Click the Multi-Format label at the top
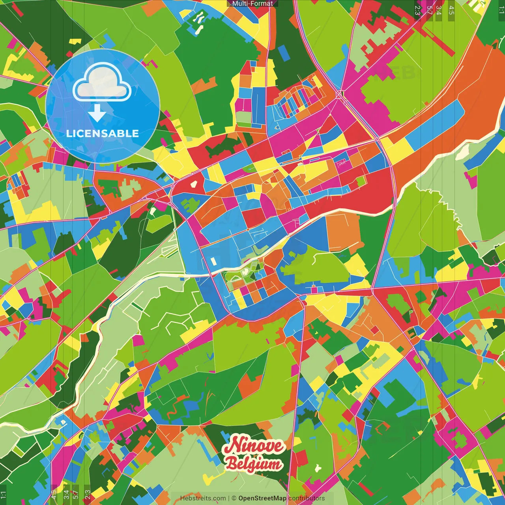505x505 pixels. tap(252, 4)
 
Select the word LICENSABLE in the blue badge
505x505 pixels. tap(103, 133)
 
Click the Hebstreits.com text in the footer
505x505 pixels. tap(203, 498)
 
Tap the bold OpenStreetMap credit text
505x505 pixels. tap(262, 498)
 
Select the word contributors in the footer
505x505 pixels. tap(307, 498)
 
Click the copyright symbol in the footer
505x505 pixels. tap(234, 498)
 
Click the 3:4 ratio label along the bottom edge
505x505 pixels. tap(66, 495)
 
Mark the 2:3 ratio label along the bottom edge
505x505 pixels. tap(87, 495)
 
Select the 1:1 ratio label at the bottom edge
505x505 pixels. tap(3, 495)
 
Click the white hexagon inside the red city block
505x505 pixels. tap(194, 183)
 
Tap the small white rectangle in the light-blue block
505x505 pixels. tap(213, 261)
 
